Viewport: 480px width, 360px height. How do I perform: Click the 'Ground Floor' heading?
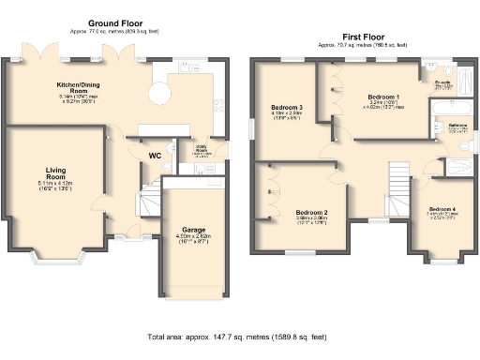click(x=115, y=22)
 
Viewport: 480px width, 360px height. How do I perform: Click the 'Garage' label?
click(x=185, y=228)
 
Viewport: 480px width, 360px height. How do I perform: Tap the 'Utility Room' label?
click(x=201, y=150)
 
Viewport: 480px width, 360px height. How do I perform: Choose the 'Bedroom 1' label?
click(x=382, y=97)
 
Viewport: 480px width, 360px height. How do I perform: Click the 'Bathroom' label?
click(x=457, y=125)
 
